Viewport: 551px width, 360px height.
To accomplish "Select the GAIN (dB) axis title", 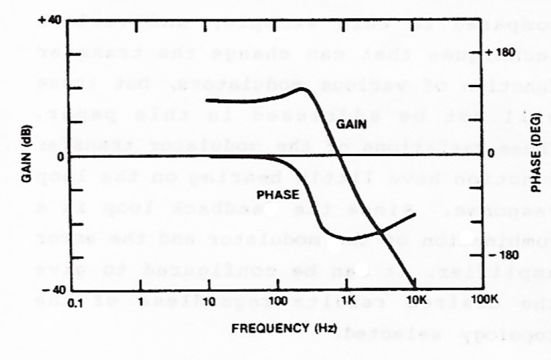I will (x=26, y=157).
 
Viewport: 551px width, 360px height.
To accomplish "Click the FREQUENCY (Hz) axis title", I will (x=284, y=327).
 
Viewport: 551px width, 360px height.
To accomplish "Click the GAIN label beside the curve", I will (x=351, y=126).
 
